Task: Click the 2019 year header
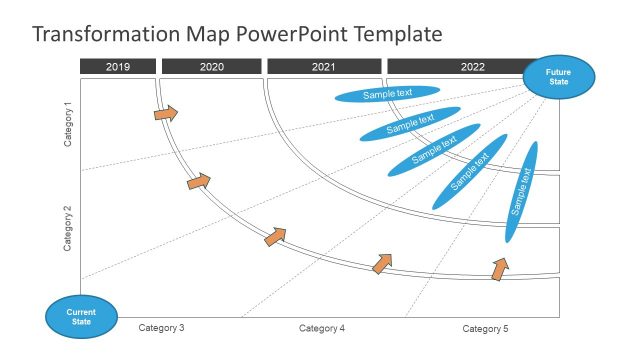click(x=118, y=67)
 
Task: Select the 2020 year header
click(x=212, y=67)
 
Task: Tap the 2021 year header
click(x=324, y=67)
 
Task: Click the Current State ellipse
click(x=80, y=317)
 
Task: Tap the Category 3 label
click(x=161, y=328)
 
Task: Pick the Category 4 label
click(x=322, y=328)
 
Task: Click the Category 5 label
click(x=485, y=328)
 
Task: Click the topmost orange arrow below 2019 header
click(x=166, y=113)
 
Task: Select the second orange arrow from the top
click(x=199, y=182)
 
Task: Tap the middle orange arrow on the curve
click(x=275, y=236)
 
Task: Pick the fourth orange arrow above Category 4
click(x=382, y=263)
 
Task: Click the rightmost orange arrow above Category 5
click(x=500, y=268)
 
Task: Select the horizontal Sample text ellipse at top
click(x=387, y=93)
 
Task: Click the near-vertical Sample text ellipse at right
click(x=521, y=191)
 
